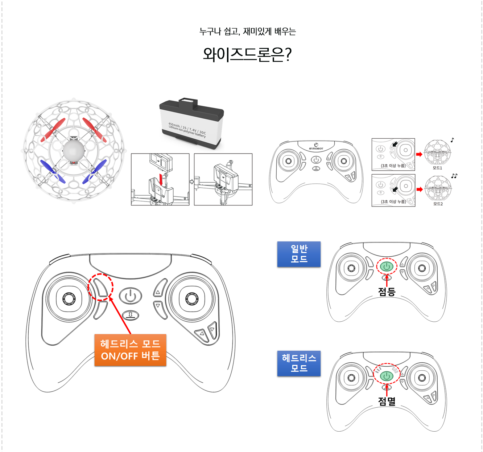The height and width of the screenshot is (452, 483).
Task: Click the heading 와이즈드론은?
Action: point(247,54)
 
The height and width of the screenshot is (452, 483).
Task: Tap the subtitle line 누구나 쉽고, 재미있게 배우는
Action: point(247,32)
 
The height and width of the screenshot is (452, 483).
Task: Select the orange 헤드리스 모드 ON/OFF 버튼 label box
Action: point(130,350)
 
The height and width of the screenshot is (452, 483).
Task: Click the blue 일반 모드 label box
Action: point(299,254)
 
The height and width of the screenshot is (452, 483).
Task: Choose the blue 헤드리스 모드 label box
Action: point(299,363)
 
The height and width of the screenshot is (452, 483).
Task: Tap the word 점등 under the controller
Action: point(387,292)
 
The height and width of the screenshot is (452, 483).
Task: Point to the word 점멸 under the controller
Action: point(387,401)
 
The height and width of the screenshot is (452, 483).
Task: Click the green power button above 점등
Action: point(387,267)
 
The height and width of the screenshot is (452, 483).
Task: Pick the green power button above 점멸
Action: point(387,376)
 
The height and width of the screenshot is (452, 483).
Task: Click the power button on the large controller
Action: point(131,296)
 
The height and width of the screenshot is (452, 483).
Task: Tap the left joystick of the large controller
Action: point(69,299)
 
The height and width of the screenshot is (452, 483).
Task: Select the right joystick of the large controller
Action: point(192,299)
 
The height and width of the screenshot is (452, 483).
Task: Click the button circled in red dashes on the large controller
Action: point(101,286)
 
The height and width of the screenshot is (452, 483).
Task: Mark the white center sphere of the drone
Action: point(74,151)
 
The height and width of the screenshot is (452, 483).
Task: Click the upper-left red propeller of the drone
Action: point(53,130)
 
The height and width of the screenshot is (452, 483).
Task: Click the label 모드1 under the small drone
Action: point(437,168)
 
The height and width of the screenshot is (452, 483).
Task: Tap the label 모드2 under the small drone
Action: point(438,204)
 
